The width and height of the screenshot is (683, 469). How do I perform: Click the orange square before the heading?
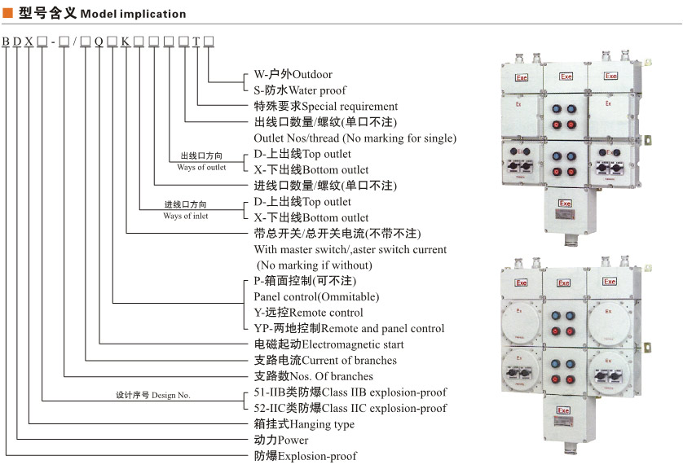8,14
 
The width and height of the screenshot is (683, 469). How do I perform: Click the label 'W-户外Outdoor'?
289,74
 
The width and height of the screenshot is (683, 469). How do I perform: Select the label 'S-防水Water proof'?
299,90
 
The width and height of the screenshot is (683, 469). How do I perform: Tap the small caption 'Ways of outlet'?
201,168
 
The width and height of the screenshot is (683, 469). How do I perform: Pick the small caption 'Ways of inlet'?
185,216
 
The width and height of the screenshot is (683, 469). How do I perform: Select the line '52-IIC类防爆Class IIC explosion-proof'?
350,408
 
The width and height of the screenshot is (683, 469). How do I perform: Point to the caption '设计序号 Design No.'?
152,395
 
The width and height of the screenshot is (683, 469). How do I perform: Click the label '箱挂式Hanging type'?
304,424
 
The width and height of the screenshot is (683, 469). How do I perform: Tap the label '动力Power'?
281,441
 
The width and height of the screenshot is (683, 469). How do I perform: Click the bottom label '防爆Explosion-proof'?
305,456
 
